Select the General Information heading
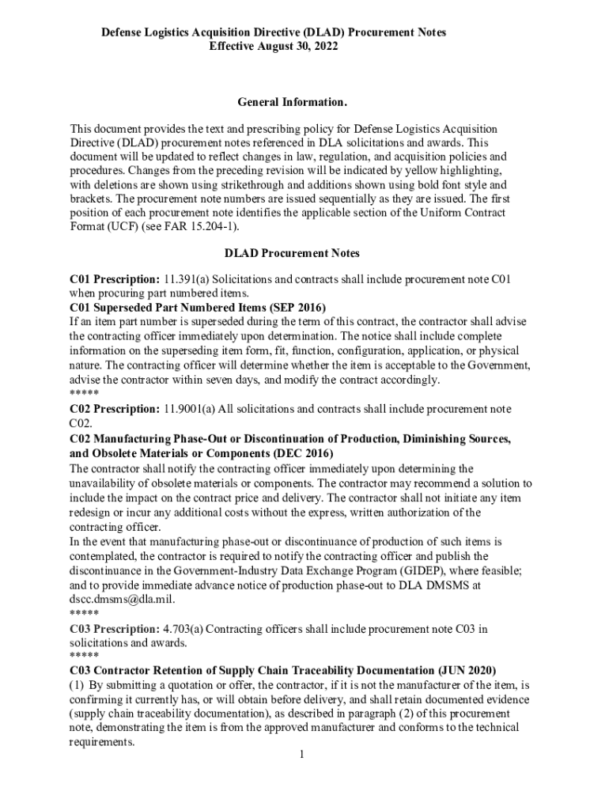(x=292, y=103)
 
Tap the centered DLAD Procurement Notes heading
(x=292, y=253)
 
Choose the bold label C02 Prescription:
(x=115, y=409)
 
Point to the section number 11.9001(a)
(x=190, y=409)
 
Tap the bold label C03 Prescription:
(x=115, y=629)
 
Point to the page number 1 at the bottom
(x=301, y=755)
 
